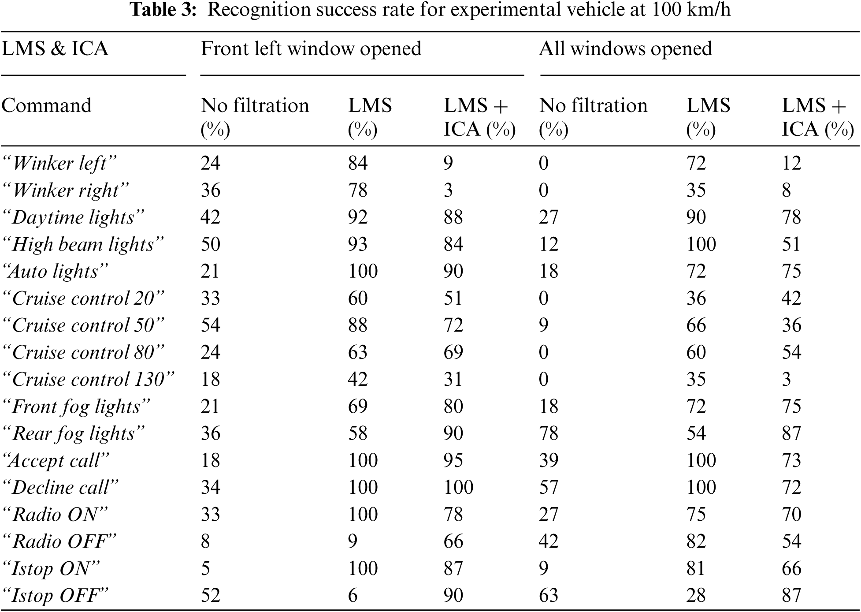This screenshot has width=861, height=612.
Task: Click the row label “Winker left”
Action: click(59, 164)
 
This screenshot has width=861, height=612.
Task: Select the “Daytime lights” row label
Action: click(73, 217)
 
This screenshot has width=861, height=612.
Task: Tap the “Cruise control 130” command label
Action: click(88, 379)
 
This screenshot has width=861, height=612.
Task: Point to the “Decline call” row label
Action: click(60, 487)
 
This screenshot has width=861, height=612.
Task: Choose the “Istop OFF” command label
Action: click(55, 595)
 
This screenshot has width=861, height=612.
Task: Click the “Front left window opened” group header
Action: click(311, 49)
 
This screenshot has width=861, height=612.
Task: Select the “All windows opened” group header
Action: click(625, 49)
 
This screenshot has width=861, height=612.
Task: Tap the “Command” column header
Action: click(46, 106)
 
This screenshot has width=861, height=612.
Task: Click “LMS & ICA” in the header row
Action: click(55, 49)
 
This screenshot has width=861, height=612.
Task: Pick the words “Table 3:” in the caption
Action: click(163, 10)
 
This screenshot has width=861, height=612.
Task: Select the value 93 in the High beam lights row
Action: click(357, 244)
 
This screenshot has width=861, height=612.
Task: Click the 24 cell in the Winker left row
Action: click(210, 163)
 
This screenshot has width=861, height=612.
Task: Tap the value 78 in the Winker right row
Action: click(357, 190)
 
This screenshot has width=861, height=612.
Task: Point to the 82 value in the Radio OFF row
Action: click(696, 541)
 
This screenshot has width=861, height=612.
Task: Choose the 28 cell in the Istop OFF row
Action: click(696, 595)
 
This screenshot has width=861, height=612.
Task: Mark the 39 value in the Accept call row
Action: click(549, 460)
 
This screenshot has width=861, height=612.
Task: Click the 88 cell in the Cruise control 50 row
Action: click(357, 325)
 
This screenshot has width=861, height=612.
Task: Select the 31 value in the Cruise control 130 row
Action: click(453, 379)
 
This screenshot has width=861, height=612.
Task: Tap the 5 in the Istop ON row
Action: click(205, 568)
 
